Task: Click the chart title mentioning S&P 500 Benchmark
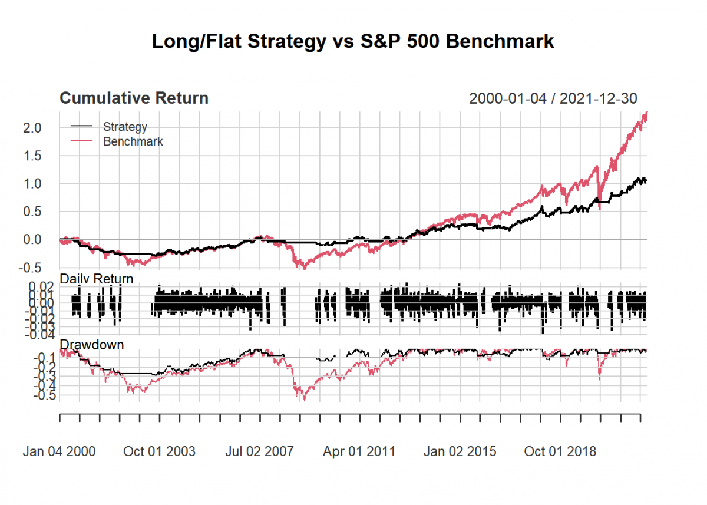353,42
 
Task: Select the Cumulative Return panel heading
134,98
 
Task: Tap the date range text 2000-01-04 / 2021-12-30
553,98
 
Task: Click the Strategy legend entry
124,126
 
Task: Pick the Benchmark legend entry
133,141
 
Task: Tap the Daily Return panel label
97,278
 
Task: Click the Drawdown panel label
92,344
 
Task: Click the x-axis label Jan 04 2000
59,452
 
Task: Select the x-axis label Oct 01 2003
159,452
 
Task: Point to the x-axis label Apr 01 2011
359,452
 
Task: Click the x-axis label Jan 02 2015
460,452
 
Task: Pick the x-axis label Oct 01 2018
560,452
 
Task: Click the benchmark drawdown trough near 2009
305,400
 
